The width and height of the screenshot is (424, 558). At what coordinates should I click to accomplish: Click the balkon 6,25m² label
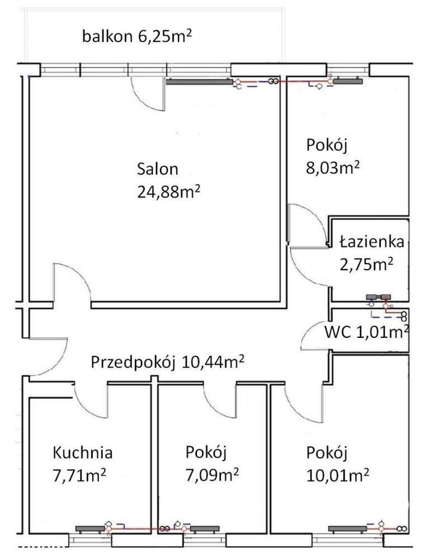tap(137, 37)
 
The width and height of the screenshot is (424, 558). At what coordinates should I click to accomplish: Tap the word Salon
tap(157, 169)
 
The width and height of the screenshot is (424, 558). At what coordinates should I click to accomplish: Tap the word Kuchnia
tap(83, 451)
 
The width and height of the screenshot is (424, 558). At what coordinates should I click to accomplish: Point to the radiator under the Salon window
tap(199, 82)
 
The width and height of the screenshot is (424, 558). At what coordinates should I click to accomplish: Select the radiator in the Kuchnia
tap(89, 527)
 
